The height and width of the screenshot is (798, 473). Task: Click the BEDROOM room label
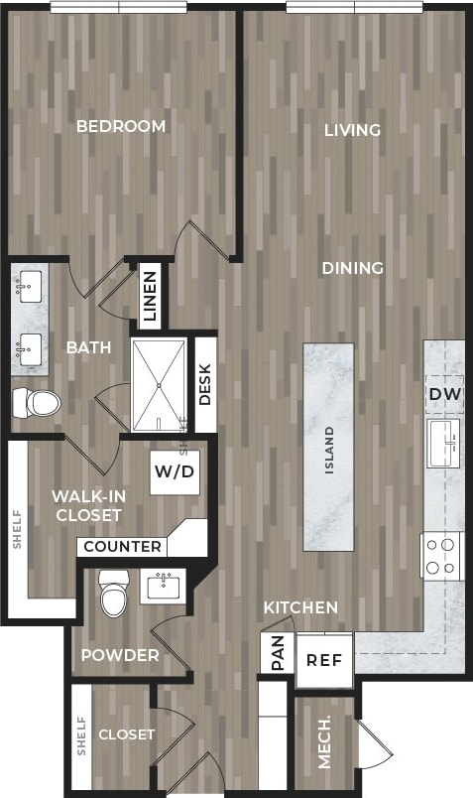tap(121, 126)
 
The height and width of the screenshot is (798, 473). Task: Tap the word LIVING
tap(352, 130)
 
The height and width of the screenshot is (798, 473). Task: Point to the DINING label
tap(352, 268)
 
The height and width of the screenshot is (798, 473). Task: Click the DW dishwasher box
tap(444, 394)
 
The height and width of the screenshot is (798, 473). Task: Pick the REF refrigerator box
tap(324, 660)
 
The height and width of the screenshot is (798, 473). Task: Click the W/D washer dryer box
tap(174, 472)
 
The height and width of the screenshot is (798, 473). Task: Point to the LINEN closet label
tap(150, 297)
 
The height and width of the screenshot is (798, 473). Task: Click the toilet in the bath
tap(37, 402)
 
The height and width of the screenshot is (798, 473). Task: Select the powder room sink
tap(164, 587)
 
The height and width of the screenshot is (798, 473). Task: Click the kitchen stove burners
tap(442, 556)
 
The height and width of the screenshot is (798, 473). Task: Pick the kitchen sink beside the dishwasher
tap(442, 443)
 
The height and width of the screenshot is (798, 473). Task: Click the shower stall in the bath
tap(159, 385)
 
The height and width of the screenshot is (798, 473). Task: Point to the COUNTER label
tap(123, 546)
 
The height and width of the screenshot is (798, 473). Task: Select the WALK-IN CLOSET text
tap(87, 505)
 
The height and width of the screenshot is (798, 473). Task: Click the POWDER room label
tap(120, 655)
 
